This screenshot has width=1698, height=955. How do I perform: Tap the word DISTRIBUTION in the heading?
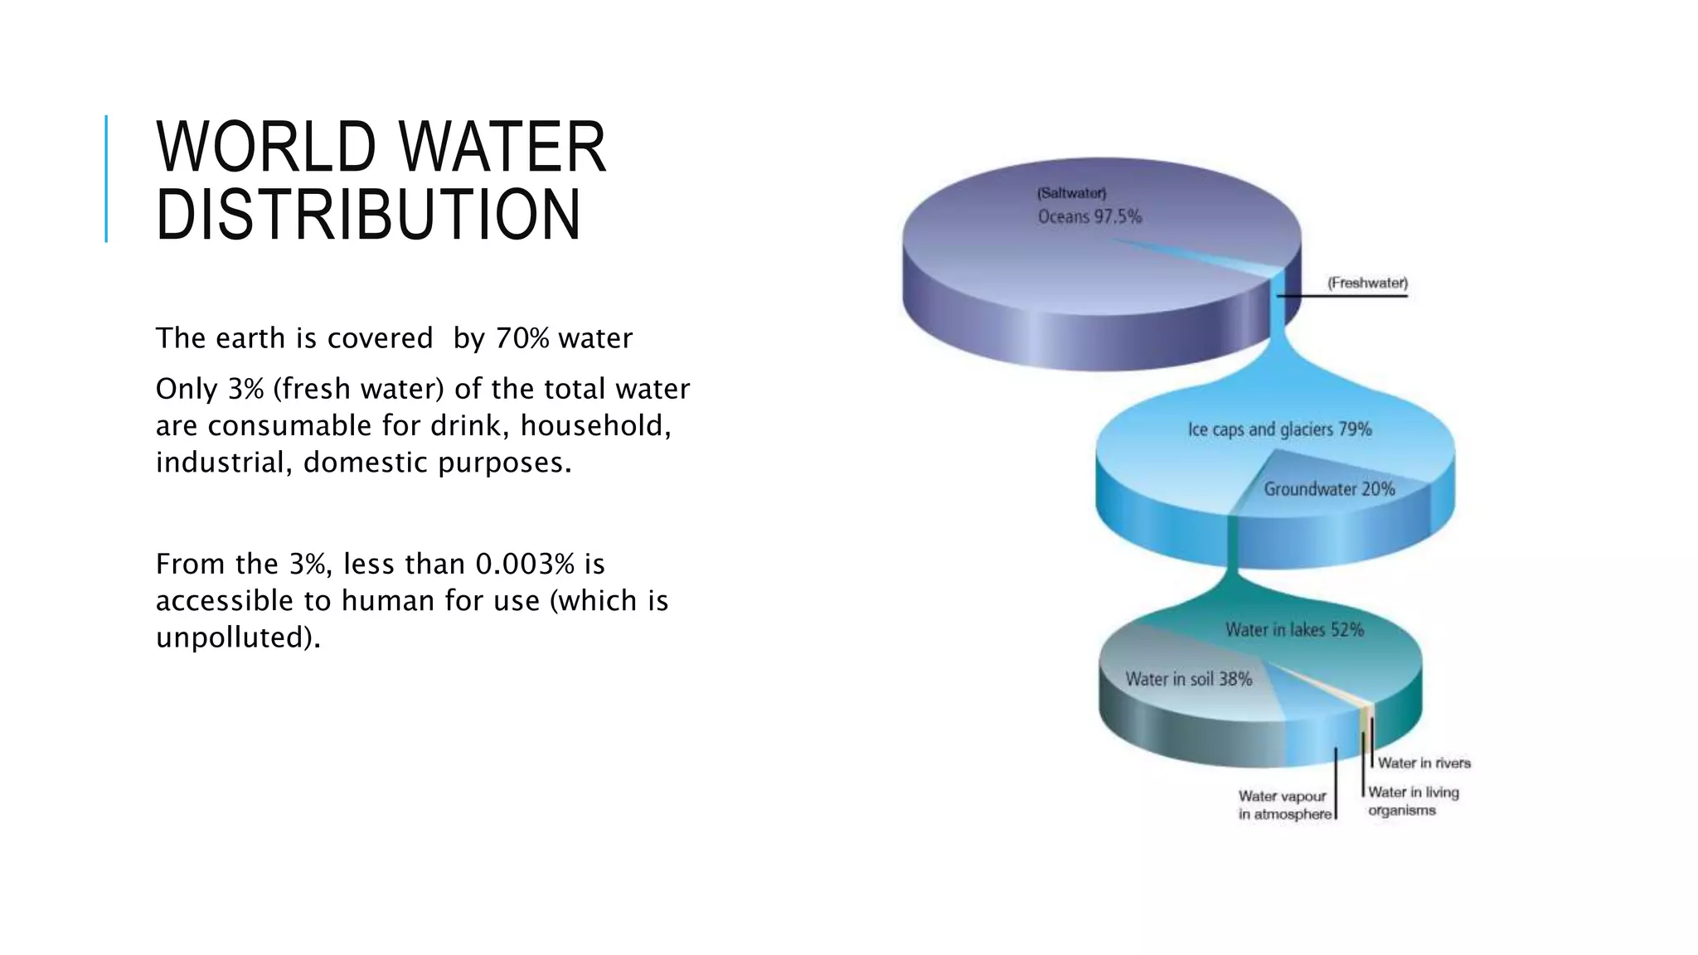tap(368, 215)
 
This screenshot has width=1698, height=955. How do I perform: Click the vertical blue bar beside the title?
tap(106, 179)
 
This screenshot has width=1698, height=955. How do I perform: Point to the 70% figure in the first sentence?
tap(522, 338)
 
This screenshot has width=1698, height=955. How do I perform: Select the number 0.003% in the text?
tap(524, 564)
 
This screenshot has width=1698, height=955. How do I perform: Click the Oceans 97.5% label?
tap(1089, 217)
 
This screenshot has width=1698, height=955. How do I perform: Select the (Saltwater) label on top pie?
tap(1071, 193)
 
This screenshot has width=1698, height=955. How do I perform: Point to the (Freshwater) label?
tap(1367, 283)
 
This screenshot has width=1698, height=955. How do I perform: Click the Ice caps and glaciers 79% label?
tap(1279, 429)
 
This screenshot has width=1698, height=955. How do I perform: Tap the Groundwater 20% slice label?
tap(1329, 489)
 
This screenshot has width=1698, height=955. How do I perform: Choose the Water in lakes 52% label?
tap(1294, 630)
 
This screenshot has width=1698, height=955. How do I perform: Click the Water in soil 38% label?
tap(1188, 679)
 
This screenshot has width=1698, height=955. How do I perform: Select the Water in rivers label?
tap(1424, 763)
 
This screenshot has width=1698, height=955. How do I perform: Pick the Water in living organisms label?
tap(1412, 801)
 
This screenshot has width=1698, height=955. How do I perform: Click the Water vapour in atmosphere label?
tap(1283, 805)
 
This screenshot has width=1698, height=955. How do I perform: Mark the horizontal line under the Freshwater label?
tap(1343, 296)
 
